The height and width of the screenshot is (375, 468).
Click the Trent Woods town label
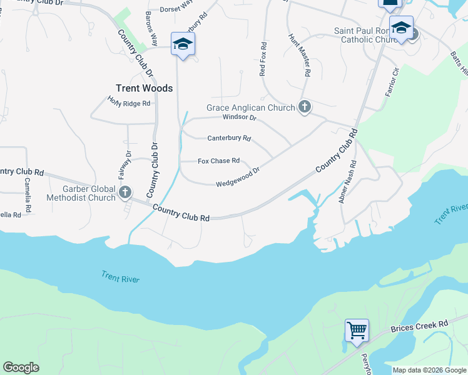click(144, 88)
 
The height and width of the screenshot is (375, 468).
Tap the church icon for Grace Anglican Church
click(305, 107)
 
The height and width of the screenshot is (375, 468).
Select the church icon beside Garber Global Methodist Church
click(125, 192)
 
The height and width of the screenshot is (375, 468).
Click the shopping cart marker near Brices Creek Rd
click(357, 329)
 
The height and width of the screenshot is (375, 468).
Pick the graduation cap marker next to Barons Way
click(183, 44)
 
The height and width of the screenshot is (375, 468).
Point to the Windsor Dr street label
click(240, 117)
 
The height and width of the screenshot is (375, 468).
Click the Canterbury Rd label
click(229, 138)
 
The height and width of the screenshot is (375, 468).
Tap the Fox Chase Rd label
click(218, 161)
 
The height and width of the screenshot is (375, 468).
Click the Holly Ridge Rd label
click(130, 101)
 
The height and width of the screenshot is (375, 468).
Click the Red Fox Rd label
click(263, 59)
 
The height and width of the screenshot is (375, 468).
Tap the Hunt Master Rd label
click(300, 55)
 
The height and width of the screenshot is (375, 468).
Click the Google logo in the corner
click(21, 367)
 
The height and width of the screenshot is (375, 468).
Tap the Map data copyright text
click(429, 370)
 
